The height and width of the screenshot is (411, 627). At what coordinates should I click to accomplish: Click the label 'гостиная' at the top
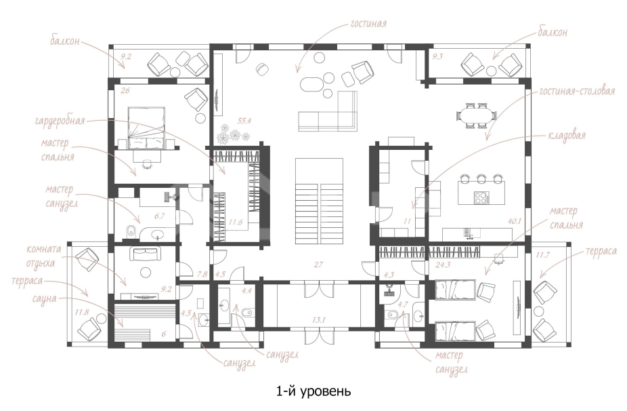[x=368, y=24]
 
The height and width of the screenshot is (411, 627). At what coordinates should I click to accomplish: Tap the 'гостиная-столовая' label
[x=577, y=92]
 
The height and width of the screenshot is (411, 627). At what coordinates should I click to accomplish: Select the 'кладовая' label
[x=567, y=135]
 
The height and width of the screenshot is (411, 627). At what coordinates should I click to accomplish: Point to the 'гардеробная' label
[x=60, y=120]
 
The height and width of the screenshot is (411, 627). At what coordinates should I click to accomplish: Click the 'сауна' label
[x=44, y=298]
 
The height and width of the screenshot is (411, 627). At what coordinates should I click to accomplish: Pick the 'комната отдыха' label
[x=43, y=256]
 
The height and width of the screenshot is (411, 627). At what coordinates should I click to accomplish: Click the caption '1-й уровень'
[x=313, y=391]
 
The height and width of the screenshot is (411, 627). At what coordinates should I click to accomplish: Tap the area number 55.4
[x=244, y=121]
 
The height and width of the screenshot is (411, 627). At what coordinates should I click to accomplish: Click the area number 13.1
[x=319, y=319]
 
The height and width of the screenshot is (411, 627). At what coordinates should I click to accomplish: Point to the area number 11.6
[x=236, y=222]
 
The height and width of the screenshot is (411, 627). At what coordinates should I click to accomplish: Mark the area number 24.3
[x=443, y=265]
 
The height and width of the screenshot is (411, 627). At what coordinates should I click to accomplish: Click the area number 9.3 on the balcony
[x=438, y=56]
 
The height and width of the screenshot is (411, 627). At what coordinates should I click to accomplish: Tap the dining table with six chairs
[x=476, y=115]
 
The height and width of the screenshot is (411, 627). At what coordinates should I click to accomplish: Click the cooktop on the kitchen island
[x=481, y=197]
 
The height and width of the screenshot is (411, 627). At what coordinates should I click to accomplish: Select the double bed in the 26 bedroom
[x=146, y=128]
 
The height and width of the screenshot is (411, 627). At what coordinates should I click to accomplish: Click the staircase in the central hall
[x=319, y=201]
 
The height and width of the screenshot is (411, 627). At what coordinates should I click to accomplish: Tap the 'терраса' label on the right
[x=601, y=251]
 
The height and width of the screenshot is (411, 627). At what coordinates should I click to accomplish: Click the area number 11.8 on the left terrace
[x=81, y=312]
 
